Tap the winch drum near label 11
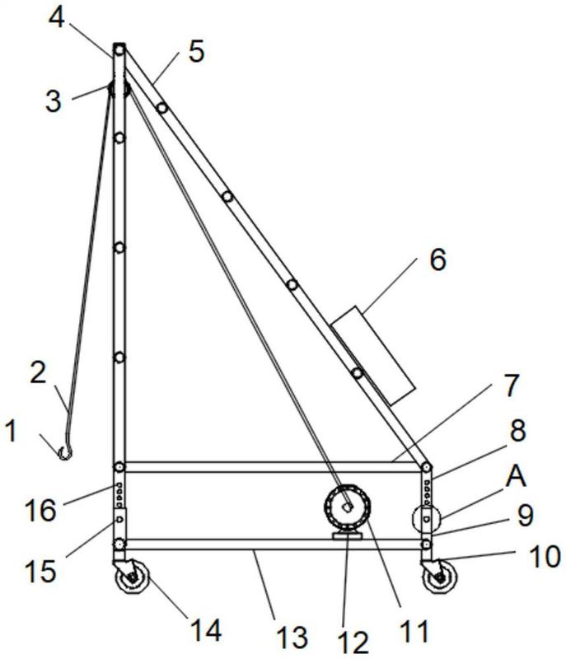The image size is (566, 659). point(347,507)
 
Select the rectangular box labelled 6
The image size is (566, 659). point(372,356)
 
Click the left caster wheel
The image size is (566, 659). point(133,577)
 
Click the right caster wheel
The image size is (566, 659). point(441,577)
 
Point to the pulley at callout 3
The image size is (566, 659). point(119,89)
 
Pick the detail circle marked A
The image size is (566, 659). point(426,520)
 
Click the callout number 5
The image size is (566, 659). point(196,52)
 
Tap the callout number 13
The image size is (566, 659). point(292,637)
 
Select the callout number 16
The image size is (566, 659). point(40,510)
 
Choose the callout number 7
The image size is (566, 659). point(512,386)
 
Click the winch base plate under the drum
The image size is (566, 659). point(347,536)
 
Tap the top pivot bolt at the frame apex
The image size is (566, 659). point(119,50)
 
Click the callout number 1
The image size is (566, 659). point(12,431)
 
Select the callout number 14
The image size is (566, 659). point(206,630)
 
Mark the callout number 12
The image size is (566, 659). point(353,643)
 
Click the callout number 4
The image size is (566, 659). point(56,17)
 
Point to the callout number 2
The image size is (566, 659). point(38,372)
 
